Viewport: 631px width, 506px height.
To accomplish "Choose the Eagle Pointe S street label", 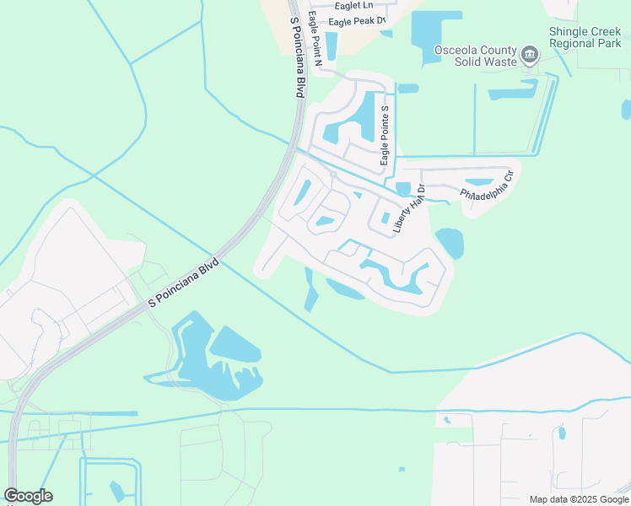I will coord(384,135).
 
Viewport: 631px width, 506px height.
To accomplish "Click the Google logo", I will coord(28,496).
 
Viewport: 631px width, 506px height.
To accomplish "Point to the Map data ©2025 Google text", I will coord(578,499).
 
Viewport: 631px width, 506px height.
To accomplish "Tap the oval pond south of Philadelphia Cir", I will coord(449,243).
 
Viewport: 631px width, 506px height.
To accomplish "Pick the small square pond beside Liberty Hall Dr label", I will coord(402,189).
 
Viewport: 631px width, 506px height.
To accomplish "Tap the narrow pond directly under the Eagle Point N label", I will coord(331,46).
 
